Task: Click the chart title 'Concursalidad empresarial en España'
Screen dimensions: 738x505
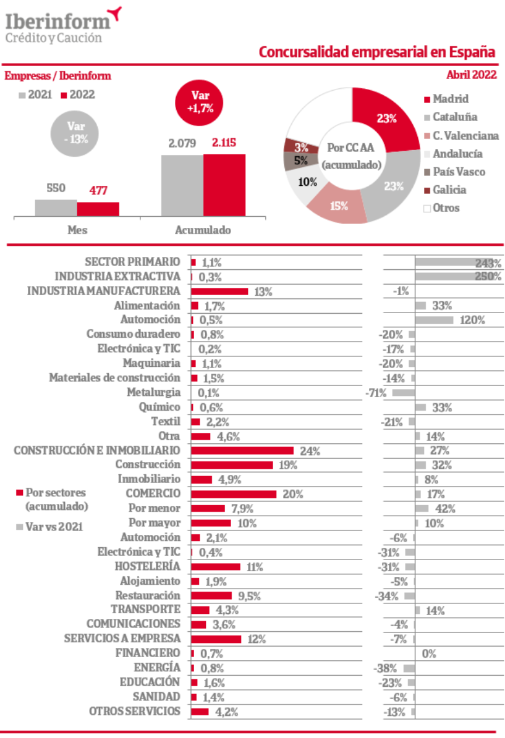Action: tap(376, 52)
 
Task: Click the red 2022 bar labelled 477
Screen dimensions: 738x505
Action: tap(98, 209)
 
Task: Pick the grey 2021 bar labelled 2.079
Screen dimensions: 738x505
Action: tap(182, 185)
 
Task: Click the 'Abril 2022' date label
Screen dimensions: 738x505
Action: tap(471, 75)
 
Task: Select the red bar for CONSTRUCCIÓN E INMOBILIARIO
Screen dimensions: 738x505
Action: tap(242, 450)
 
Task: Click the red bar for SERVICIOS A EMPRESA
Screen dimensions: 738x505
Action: tap(216, 639)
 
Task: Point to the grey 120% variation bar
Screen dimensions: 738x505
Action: tap(435, 320)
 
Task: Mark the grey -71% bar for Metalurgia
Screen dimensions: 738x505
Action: tap(403, 393)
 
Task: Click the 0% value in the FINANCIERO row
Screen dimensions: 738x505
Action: tap(429, 653)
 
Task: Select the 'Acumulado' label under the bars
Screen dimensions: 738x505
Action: tap(203, 230)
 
